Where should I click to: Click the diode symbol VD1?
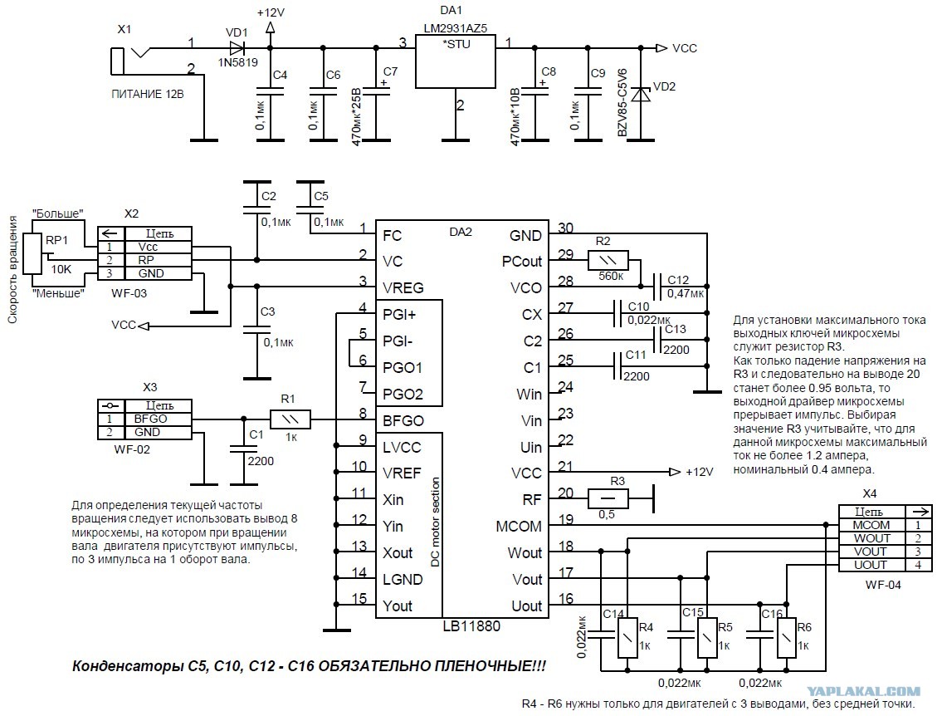point(237,47)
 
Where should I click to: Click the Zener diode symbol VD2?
point(641,95)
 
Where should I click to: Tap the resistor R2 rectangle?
point(608,260)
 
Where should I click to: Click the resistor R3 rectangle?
point(608,498)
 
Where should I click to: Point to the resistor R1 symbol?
point(290,419)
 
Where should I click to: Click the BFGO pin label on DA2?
point(403,421)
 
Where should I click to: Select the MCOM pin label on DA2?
point(519,527)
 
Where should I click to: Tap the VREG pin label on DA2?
point(403,288)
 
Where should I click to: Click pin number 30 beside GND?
point(565,228)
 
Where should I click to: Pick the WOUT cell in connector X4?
point(871,538)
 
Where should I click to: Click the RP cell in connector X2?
point(146,260)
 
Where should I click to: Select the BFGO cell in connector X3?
point(150,419)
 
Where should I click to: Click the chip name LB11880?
point(471,625)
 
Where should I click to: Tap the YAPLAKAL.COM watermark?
point(863,692)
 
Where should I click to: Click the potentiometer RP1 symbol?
point(34,253)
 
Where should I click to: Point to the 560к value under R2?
point(610,277)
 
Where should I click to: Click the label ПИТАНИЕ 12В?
point(147,95)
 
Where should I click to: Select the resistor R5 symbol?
point(707,638)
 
